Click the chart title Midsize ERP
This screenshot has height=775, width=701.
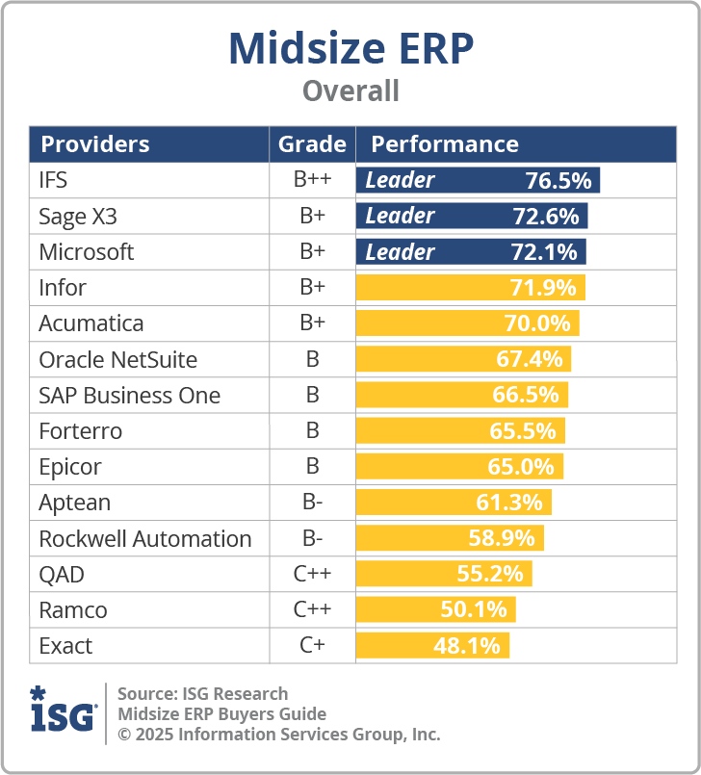(x=350, y=49)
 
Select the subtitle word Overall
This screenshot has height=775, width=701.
(x=350, y=91)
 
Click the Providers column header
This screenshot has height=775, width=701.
(x=94, y=144)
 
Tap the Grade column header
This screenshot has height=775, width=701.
(x=312, y=144)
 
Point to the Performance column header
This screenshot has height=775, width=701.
(x=444, y=144)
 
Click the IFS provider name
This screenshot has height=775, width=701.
(x=53, y=180)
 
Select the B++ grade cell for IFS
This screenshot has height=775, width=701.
(x=312, y=180)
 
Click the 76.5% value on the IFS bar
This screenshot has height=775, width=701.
(x=558, y=180)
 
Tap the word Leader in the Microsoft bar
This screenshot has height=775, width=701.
(x=400, y=252)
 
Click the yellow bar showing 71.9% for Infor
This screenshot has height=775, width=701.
(x=470, y=288)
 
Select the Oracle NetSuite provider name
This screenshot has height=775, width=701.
(x=117, y=360)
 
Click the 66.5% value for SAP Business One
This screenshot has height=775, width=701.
(x=524, y=396)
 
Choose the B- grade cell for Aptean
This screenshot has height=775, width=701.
(x=312, y=503)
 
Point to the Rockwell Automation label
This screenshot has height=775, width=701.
(x=144, y=539)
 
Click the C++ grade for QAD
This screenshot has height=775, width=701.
(x=312, y=575)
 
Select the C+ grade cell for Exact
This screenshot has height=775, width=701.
(x=312, y=646)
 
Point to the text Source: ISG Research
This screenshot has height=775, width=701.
(x=202, y=693)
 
